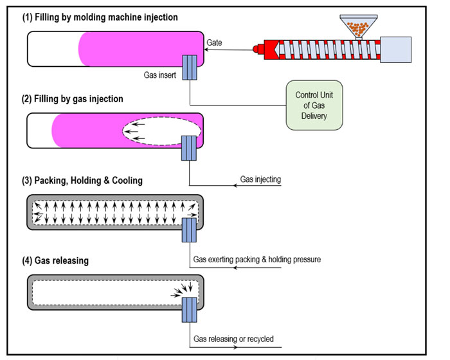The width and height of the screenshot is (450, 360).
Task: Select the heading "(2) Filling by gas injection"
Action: (x=73, y=99)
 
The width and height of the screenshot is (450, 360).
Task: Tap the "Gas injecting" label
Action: (x=260, y=179)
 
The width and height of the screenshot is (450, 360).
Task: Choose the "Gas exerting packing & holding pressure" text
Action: (x=256, y=260)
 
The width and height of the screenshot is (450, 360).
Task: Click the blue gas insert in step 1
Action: (x=190, y=67)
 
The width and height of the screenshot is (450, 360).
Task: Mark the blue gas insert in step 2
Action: (x=190, y=147)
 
